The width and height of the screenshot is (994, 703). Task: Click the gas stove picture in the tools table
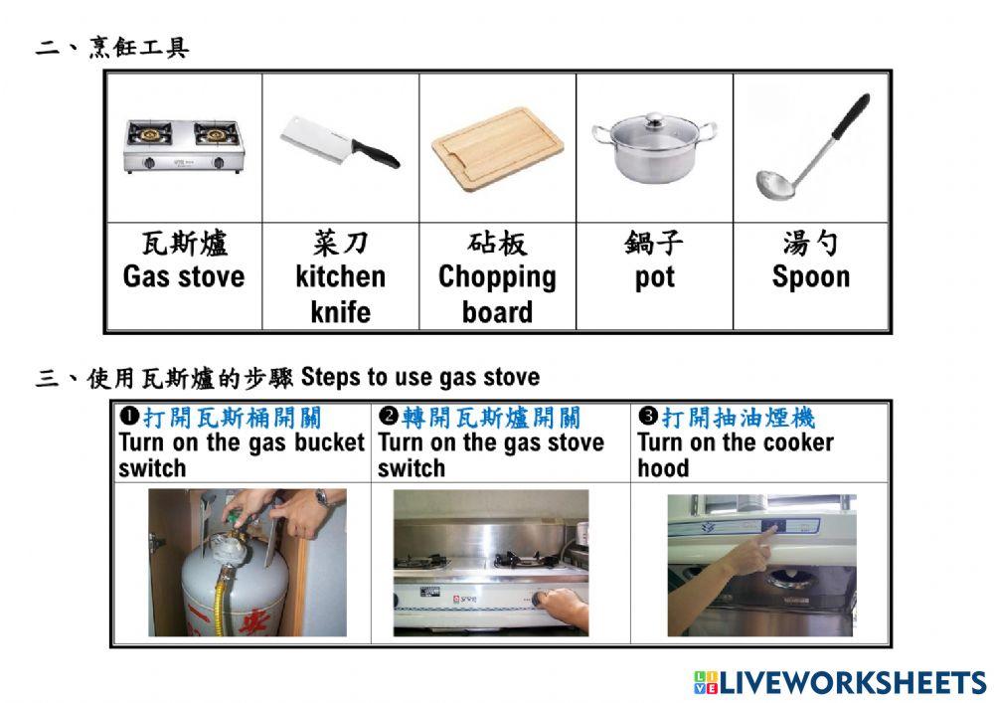(184, 146)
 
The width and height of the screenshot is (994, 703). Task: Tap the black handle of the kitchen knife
(376, 153)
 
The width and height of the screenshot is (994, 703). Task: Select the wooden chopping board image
(497, 148)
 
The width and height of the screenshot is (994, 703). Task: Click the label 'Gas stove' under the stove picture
(184, 276)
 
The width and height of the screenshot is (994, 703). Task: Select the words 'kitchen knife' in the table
(340, 293)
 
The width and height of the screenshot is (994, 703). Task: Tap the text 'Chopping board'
(497, 293)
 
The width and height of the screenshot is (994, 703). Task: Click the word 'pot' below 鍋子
(654, 277)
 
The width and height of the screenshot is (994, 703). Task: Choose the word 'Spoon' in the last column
(810, 276)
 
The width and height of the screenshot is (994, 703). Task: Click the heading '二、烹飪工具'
(111, 48)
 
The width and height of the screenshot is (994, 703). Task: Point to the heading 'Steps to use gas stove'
(419, 378)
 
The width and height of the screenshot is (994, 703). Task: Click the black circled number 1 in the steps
(128, 416)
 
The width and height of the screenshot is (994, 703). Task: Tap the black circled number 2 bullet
(388, 416)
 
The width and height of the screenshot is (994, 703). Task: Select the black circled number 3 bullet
(648, 416)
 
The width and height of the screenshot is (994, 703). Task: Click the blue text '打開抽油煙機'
(739, 417)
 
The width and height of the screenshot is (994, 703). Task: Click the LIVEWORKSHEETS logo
(840, 681)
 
